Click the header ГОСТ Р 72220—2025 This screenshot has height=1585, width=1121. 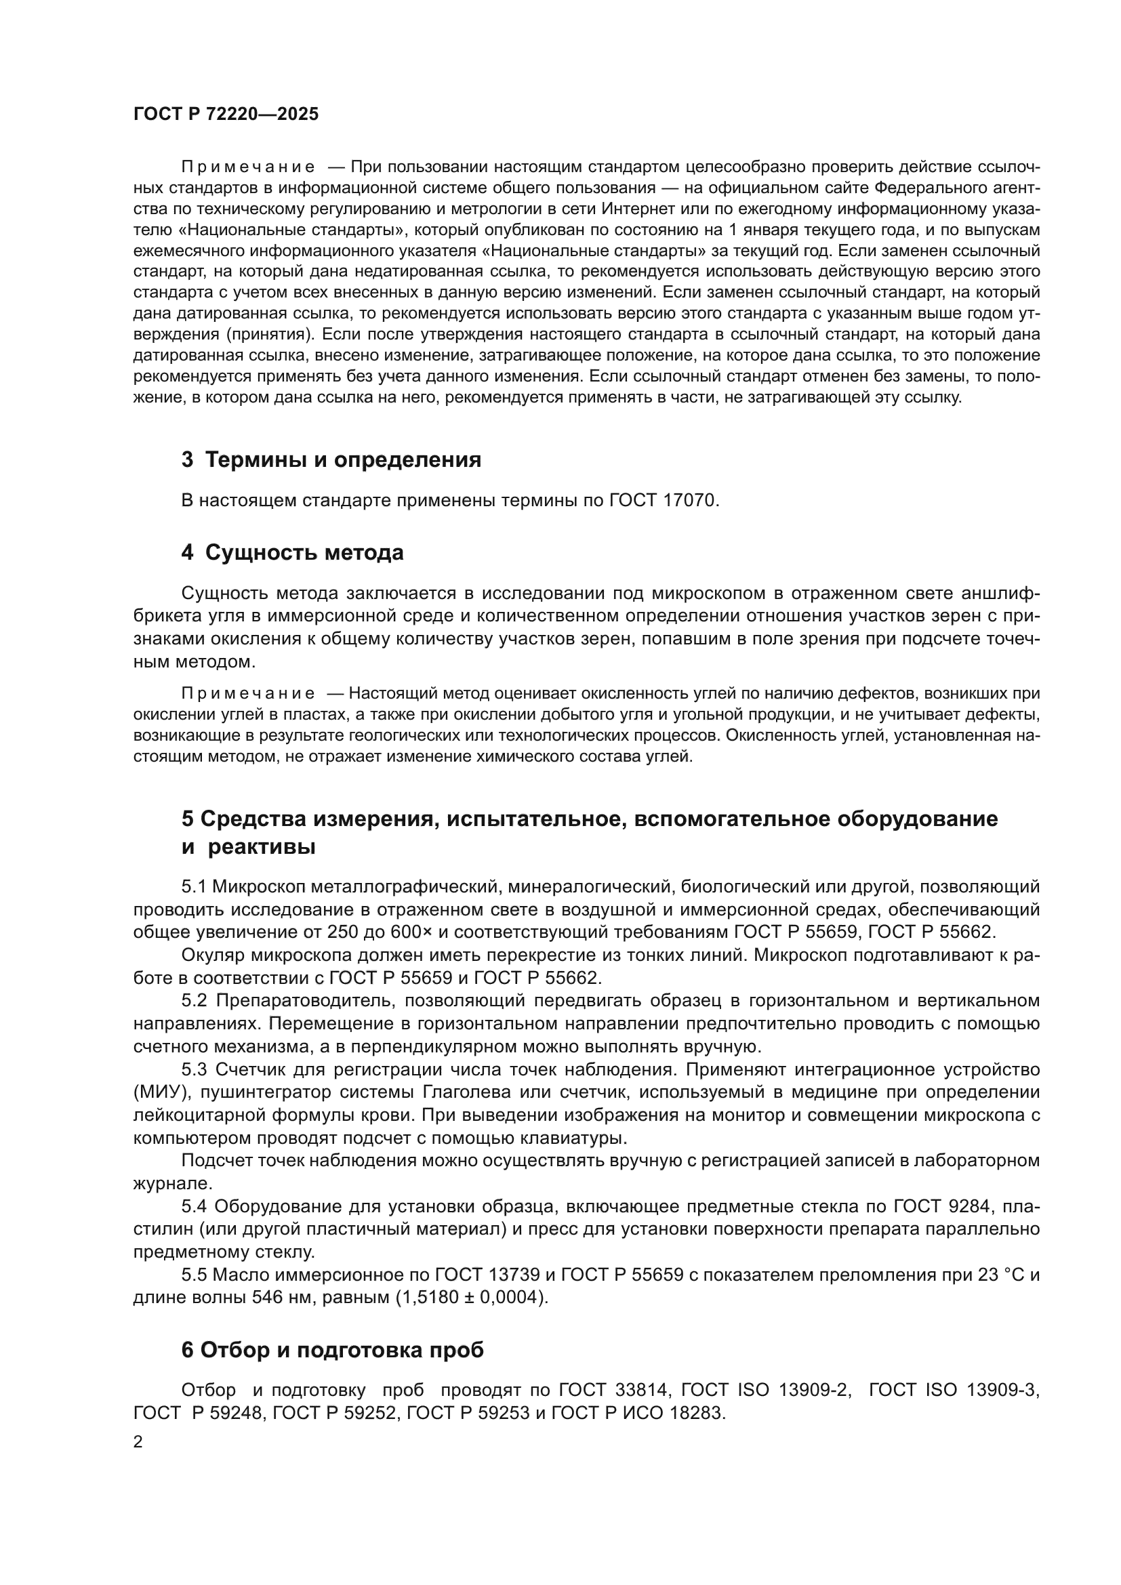click(226, 115)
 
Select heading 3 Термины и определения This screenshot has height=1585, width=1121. click(331, 459)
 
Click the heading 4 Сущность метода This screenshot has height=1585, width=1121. click(292, 553)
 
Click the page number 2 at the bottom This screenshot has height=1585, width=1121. click(138, 1442)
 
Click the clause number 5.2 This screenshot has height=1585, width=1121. click(195, 1001)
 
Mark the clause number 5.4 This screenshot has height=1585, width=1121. click(195, 1207)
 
